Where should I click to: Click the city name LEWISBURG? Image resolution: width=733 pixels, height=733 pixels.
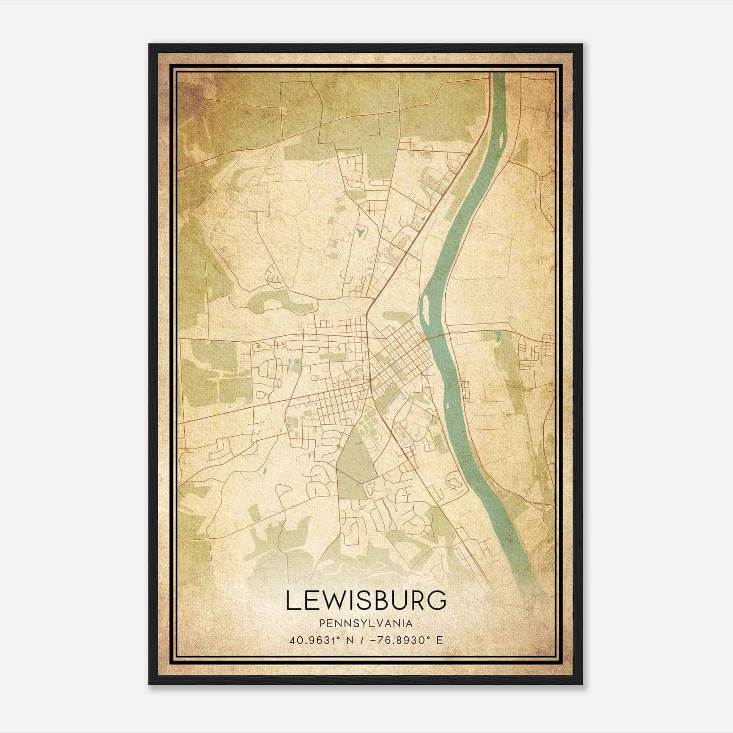366,600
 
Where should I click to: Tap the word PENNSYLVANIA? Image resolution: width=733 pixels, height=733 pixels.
366,624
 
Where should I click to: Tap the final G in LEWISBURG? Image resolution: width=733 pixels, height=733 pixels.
437,600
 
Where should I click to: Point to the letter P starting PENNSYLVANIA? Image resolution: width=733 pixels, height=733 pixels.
322,624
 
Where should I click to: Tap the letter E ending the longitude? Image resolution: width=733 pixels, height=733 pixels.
439,640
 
